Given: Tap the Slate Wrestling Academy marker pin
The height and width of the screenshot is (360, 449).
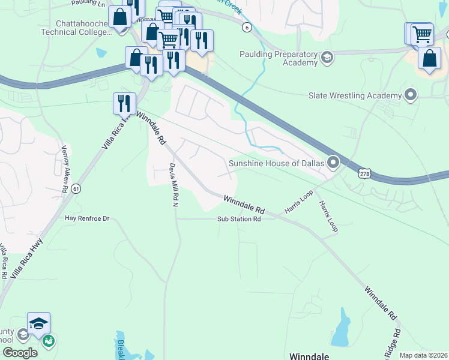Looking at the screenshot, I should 411,95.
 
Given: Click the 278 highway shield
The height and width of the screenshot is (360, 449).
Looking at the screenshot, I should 364,173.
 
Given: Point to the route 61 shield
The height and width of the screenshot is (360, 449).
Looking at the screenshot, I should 76,189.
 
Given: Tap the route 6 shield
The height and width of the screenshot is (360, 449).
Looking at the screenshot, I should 247,27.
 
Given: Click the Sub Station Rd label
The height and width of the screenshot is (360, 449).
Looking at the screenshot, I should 239,220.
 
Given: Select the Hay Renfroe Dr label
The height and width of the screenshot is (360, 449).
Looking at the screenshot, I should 87,219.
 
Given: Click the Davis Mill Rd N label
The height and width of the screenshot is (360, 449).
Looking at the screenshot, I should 175,185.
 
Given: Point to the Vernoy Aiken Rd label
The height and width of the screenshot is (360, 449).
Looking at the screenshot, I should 64,169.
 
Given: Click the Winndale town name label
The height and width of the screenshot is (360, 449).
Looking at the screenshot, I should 309,356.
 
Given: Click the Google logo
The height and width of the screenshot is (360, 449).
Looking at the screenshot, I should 20,353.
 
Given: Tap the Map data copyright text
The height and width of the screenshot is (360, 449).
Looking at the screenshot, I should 424,355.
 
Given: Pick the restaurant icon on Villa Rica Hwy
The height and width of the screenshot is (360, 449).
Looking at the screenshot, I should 124,103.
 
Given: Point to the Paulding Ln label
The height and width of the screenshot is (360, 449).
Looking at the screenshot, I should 88,3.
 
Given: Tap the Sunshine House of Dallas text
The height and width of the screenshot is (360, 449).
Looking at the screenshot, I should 276,163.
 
